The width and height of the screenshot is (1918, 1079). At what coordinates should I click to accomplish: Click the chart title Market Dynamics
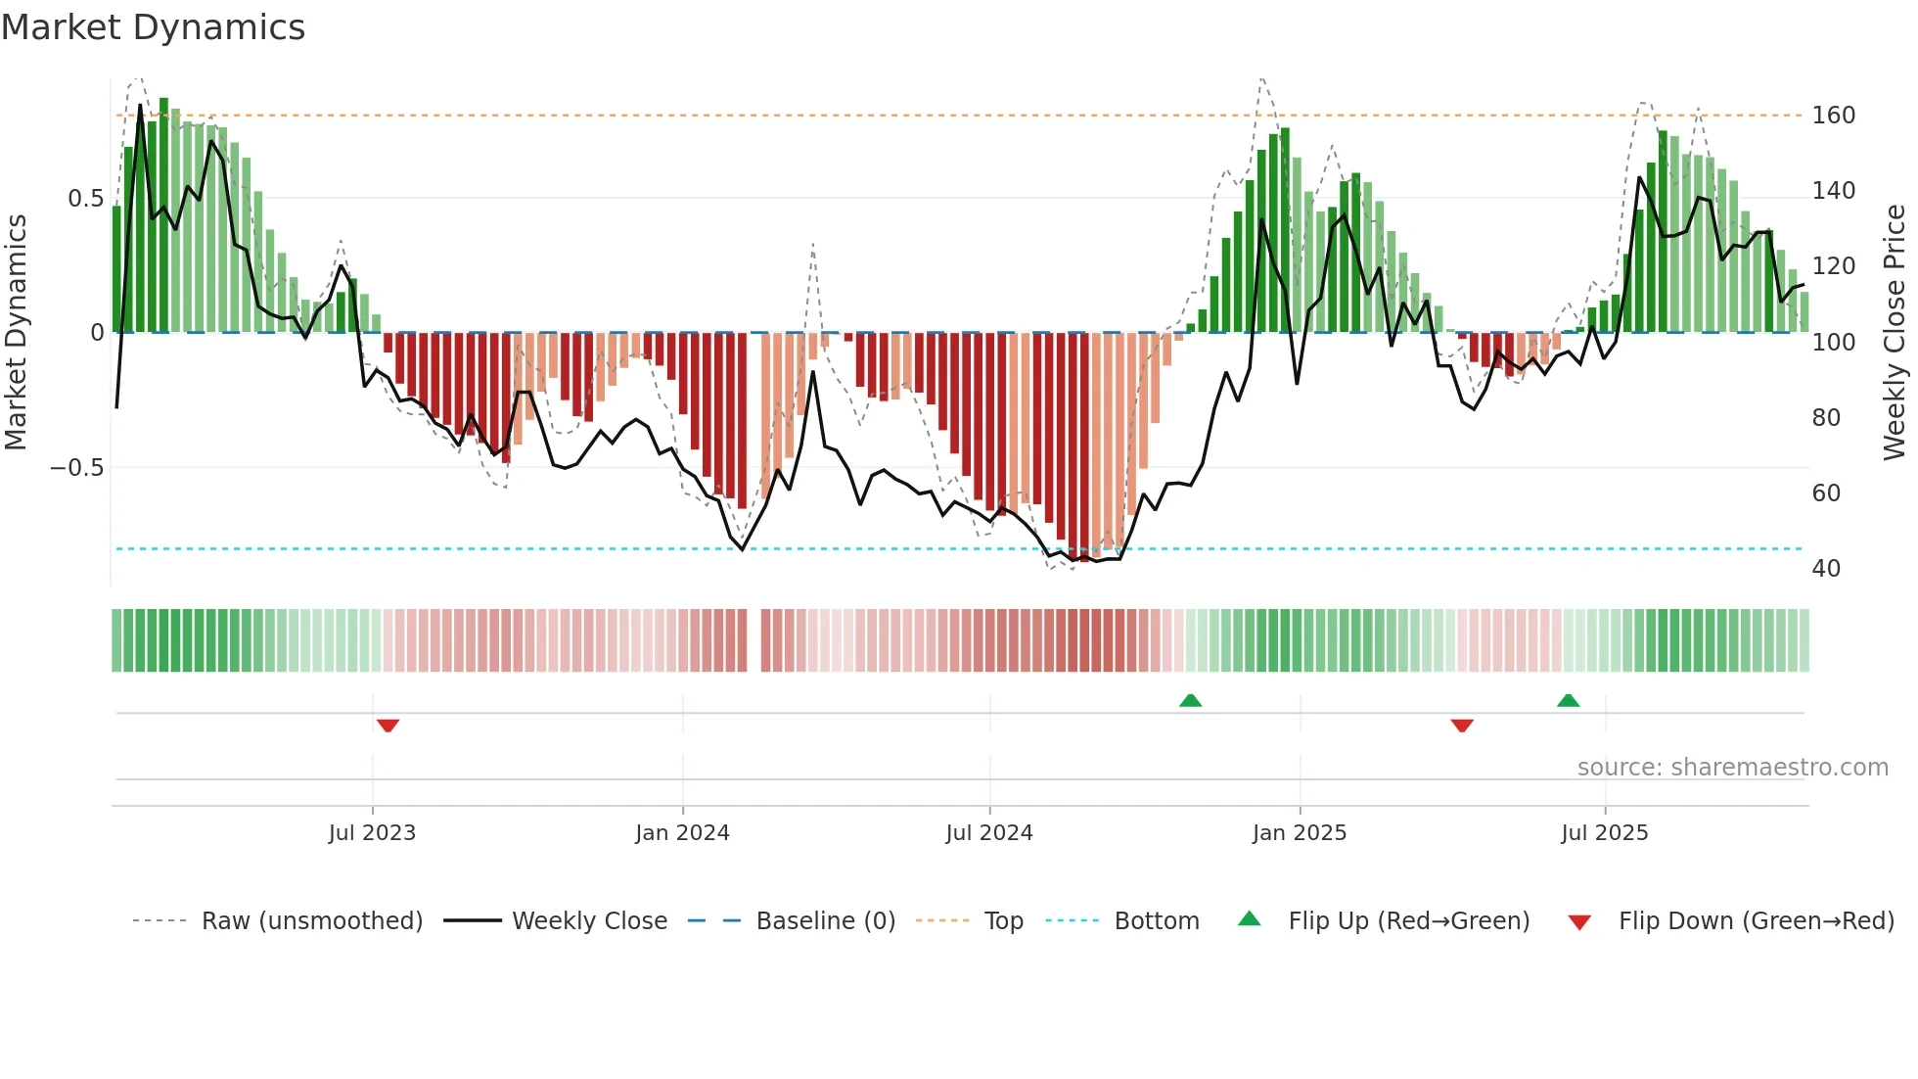click(x=153, y=27)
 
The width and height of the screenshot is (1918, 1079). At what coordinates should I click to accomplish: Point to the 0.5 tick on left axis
click(x=85, y=199)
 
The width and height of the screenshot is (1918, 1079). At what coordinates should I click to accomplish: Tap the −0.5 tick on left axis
click(x=76, y=468)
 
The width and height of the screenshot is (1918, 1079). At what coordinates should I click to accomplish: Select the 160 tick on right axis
click(x=1833, y=116)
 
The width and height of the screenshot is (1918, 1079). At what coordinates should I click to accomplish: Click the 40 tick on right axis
click(x=1826, y=569)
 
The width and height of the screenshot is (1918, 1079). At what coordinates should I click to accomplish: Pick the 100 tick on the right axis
click(x=1833, y=343)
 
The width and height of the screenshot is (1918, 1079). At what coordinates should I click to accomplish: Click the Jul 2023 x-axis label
click(x=372, y=833)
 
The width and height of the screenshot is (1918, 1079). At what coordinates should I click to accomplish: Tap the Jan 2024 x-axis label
click(x=682, y=833)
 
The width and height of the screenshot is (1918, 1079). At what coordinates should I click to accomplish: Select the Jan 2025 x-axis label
click(x=1299, y=833)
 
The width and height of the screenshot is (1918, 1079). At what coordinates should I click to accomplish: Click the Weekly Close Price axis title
click(x=1895, y=333)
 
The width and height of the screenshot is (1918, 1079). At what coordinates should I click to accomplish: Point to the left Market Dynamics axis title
click(x=16, y=333)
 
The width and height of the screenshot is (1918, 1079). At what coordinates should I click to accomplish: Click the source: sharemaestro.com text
click(x=1732, y=768)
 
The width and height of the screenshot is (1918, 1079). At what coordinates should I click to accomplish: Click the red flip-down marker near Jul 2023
click(x=388, y=726)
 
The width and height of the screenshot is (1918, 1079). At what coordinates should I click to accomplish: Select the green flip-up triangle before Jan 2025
click(x=1190, y=700)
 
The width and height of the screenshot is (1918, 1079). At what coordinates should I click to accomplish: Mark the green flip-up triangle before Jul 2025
click(x=1568, y=700)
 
